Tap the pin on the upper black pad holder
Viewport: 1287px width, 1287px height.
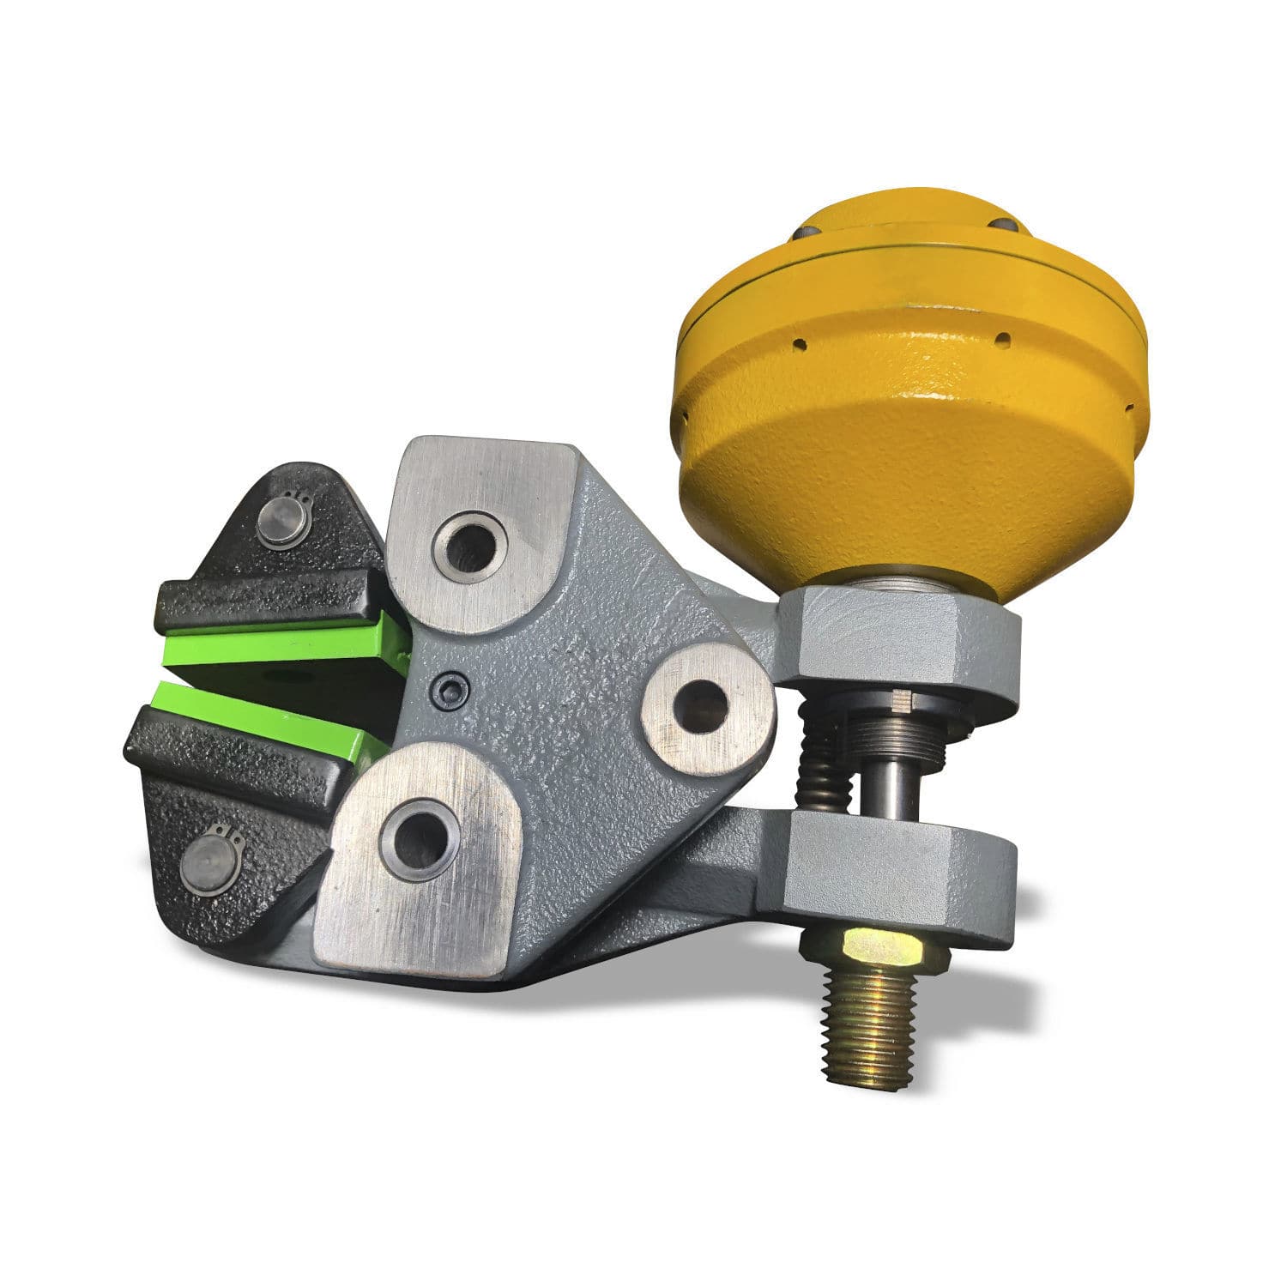281,522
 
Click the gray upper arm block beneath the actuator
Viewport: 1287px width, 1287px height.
892,639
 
